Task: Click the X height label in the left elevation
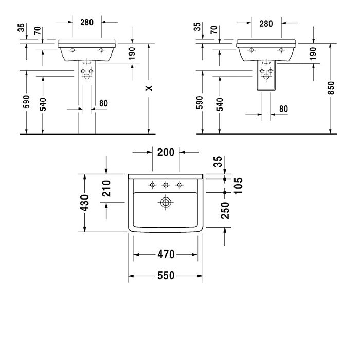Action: [x=149, y=88]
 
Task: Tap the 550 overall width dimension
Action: [x=166, y=276]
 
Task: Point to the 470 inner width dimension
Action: [x=166, y=254]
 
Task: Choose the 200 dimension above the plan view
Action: [x=166, y=152]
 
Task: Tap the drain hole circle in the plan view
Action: [x=165, y=203]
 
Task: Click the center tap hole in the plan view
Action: [x=166, y=185]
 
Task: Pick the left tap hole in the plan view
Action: [x=152, y=185]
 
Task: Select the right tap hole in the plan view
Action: [x=179, y=185]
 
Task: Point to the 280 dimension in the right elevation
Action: [x=266, y=24]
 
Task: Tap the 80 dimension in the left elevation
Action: [x=103, y=103]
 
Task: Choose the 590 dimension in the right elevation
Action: [x=200, y=103]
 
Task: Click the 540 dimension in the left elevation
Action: [x=43, y=104]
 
